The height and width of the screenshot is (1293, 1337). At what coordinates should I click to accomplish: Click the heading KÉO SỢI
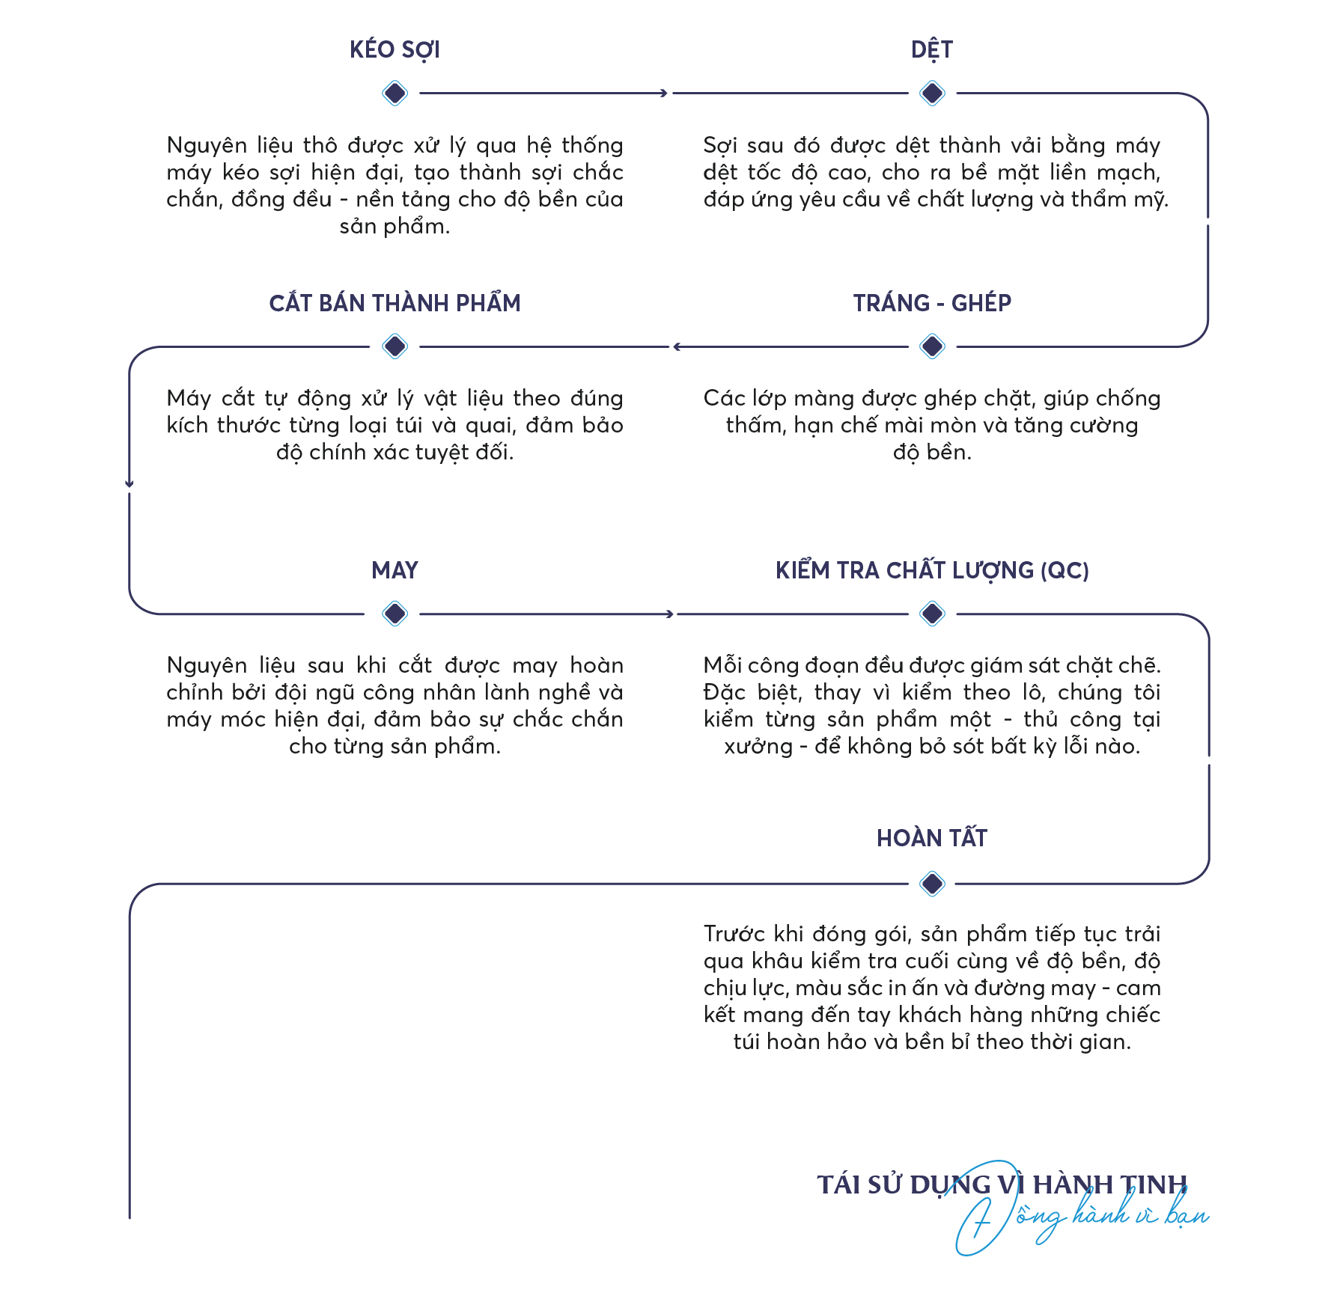395,50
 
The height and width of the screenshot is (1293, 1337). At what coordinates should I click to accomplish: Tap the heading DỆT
932,50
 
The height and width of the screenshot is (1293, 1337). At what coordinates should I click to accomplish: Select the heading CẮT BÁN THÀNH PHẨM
395,303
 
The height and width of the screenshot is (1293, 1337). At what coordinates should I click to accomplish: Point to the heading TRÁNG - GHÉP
932,303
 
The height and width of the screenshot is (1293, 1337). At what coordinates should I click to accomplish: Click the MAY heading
395,571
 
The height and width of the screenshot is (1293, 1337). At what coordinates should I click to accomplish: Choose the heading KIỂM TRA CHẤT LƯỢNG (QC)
932,571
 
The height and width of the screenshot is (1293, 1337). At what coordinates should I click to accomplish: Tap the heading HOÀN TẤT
932,838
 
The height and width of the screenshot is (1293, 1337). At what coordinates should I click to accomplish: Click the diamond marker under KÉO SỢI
395,94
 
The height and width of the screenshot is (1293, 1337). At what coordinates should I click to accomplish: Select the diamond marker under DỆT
932,94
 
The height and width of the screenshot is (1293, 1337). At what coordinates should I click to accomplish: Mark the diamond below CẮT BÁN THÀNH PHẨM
395,346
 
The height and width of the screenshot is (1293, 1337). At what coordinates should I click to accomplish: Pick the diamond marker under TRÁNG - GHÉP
932,346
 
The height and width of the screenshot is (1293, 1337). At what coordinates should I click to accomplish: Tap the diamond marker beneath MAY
395,614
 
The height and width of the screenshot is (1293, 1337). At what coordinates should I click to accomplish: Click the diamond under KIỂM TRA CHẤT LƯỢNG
932,614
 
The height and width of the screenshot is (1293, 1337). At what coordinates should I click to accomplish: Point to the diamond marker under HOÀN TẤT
932,884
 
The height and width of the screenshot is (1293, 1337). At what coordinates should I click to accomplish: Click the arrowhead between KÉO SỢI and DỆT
663,94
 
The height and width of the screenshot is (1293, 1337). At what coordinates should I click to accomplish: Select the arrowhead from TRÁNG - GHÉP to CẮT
677,346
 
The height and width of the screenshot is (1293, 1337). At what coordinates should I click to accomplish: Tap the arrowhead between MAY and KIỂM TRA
670,614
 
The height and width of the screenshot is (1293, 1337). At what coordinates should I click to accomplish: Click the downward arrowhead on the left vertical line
130,484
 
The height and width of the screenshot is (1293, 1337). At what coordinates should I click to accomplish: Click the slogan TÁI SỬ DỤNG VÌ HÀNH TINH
1002,1185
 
